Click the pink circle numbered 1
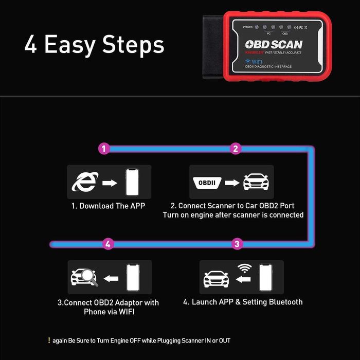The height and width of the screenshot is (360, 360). pyautogui.click(x=104, y=149)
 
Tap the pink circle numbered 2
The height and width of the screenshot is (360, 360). pyautogui.click(x=236, y=149)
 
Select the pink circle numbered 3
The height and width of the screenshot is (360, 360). pyautogui.click(x=237, y=244)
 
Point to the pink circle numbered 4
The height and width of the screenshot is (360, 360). pyautogui.click(x=107, y=244)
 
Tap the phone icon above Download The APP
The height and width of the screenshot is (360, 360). pyautogui.click(x=133, y=182)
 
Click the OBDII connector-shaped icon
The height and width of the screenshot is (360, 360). pyautogui.click(x=208, y=183)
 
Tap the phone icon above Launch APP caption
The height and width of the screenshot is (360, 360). pyautogui.click(x=265, y=278)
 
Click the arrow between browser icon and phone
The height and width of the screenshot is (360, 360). pyautogui.click(x=109, y=183)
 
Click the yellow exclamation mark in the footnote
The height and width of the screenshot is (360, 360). pyautogui.click(x=49, y=340)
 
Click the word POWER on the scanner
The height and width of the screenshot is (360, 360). pyautogui.click(x=248, y=27)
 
